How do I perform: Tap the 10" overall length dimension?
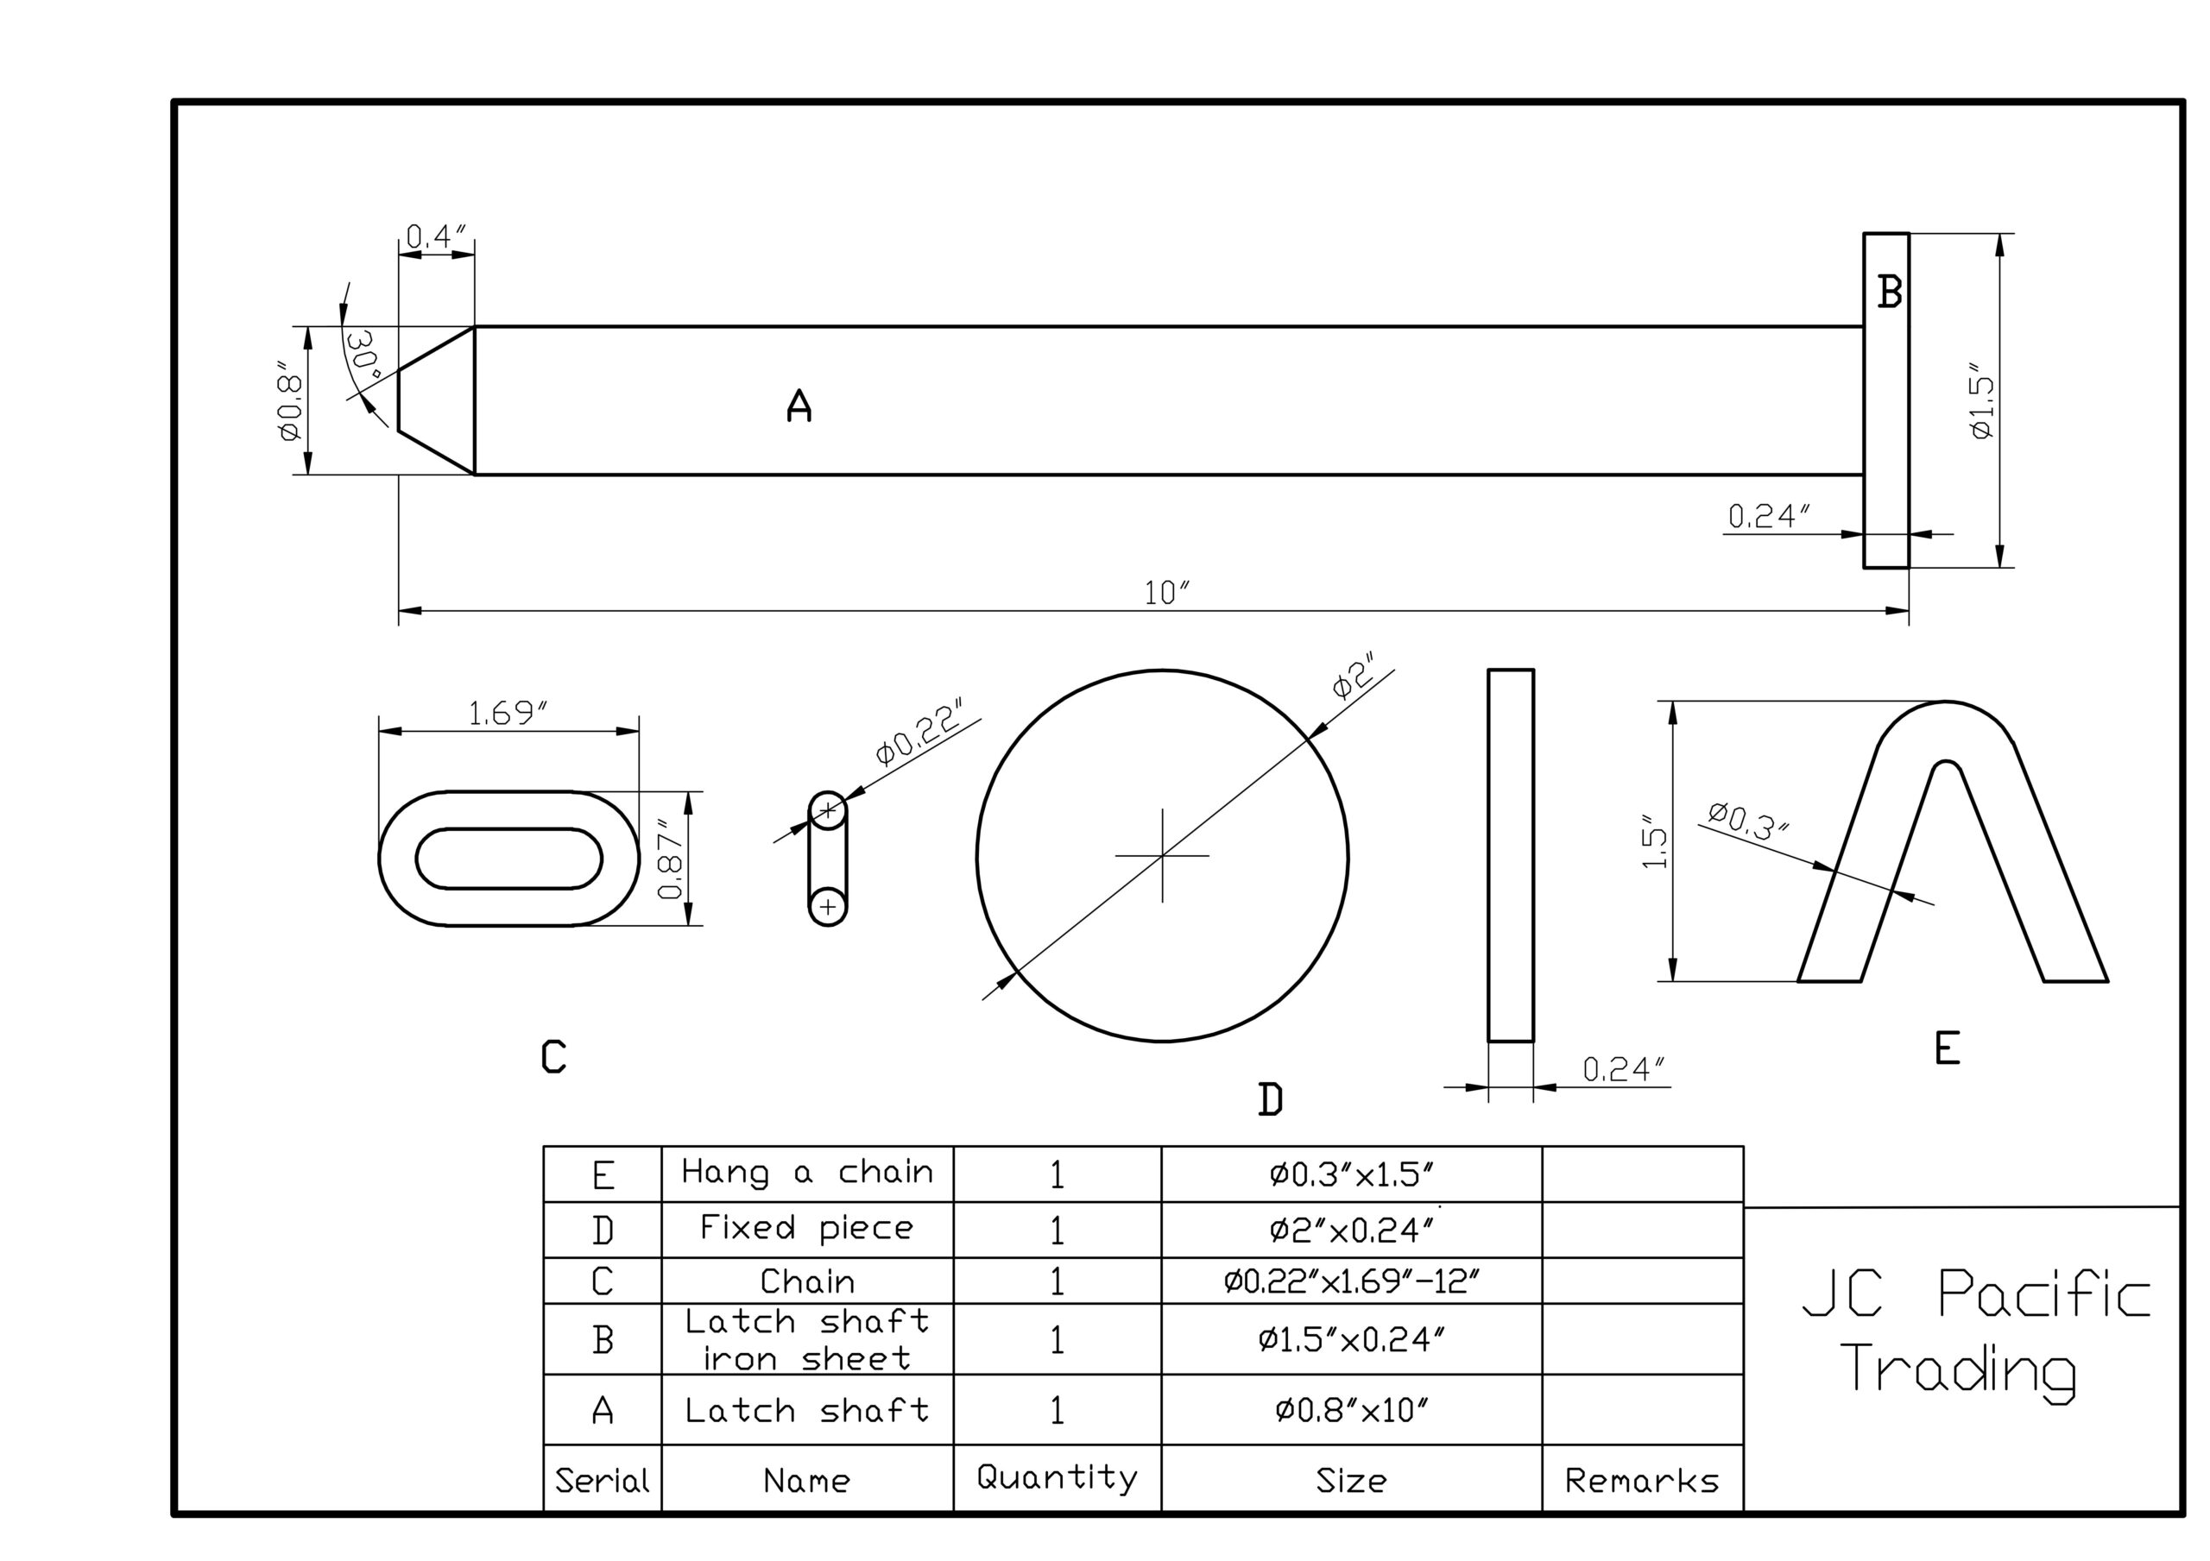tap(1165, 593)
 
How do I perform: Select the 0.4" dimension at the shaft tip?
tap(436, 236)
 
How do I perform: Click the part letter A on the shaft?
tap(799, 406)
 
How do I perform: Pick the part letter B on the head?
tap(1890, 292)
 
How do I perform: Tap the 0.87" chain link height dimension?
tap(671, 859)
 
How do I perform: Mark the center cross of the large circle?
tap(1163, 854)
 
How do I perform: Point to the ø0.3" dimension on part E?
tap(1748, 821)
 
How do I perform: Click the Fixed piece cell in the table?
tap(806, 1229)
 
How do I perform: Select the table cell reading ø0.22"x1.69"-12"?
tap(1350, 1281)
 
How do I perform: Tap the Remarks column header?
tap(1641, 1480)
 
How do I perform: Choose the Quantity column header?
tap(1057, 1478)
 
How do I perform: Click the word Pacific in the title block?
tap(2043, 1293)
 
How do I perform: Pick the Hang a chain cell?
tap(806, 1172)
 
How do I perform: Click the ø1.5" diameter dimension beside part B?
tap(1982, 402)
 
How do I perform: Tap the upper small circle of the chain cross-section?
tap(828, 810)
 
